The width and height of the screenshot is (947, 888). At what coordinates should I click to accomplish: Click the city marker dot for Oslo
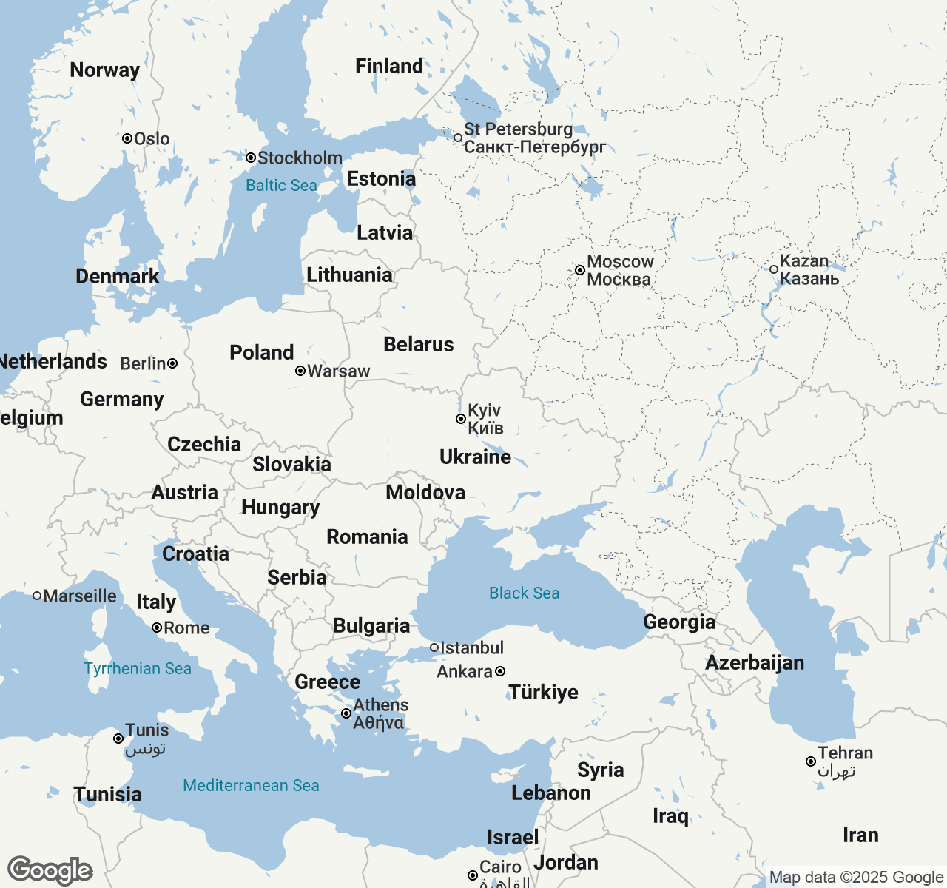tap(127, 138)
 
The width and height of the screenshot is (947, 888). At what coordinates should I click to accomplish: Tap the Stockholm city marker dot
tap(251, 158)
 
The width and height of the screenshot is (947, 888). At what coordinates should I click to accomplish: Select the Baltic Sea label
tap(281, 186)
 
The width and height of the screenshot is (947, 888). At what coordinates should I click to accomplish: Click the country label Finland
tap(389, 67)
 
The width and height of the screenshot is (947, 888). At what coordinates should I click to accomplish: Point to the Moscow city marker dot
tap(580, 270)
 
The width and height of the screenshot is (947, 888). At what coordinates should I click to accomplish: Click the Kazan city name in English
tap(804, 261)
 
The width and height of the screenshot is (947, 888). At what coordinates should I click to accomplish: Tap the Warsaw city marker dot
tap(300, 371)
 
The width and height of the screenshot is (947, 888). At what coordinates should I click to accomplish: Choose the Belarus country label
tap(419, 345)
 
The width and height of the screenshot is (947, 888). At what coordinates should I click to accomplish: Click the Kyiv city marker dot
tap(460, 419)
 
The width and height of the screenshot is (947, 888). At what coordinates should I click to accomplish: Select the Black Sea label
tap(524, 593)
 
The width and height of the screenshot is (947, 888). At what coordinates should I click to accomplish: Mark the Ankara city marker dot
tap(500, 671)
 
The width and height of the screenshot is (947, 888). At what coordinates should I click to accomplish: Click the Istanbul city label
tap(472, 648)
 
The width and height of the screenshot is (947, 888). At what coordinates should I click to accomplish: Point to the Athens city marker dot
tap(346, 713)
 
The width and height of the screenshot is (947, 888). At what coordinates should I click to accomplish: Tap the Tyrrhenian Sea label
tap(138, 669)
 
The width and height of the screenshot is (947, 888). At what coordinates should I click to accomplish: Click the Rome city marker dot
tap(157, 628)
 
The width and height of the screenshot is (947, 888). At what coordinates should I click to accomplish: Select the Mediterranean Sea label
tap(251, 786)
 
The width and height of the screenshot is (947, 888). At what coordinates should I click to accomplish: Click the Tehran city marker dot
tap(811, 761)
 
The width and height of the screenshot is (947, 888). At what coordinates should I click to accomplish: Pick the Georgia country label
tap(679, 622)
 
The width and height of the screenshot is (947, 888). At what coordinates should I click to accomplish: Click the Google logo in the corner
tap(50, 870)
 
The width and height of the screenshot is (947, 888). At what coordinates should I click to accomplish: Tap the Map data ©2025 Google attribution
tap(856, 878)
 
